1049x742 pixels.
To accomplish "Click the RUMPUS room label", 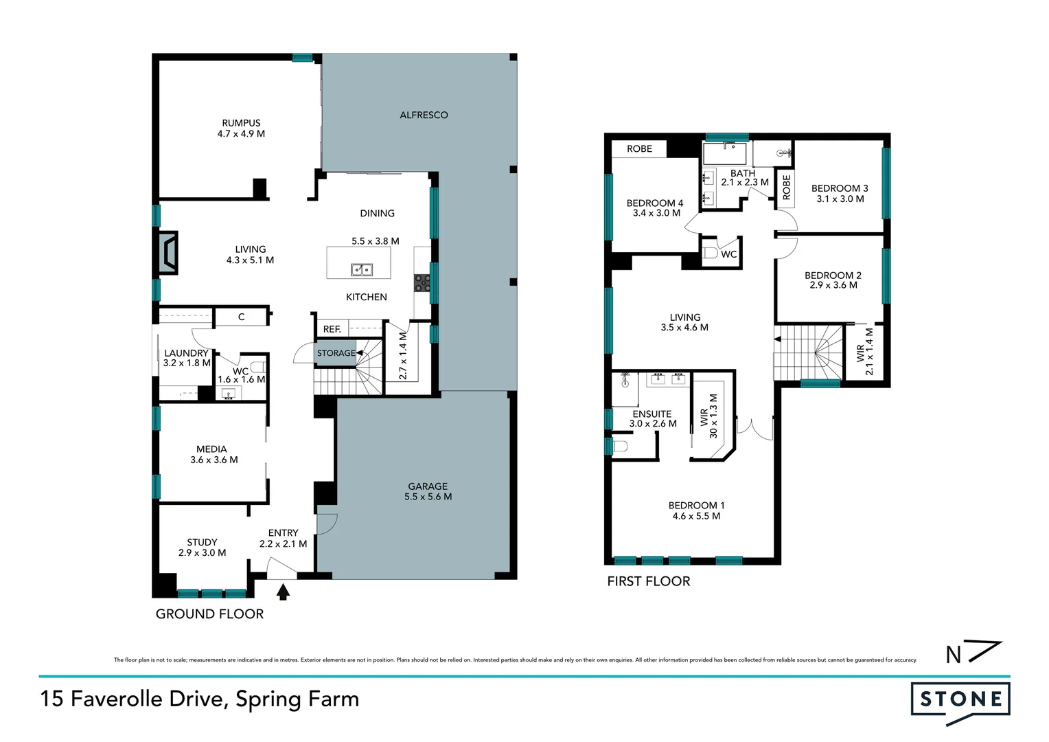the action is pos(241,123).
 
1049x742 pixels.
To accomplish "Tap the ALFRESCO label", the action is pos(424,115).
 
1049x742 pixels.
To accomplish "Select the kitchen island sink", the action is pos(362,269).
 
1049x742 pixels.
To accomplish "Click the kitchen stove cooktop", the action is pos(422,283).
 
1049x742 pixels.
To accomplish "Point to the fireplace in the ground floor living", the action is pos(168,253).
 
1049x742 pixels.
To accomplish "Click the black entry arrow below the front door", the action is pos(283,592).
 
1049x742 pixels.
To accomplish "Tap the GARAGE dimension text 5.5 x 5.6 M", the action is pos(428,497).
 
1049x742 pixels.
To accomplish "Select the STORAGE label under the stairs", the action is pos(336,353).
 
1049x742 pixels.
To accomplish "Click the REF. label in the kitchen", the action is pos(332,330).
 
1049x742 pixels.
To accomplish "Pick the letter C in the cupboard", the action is pos(241,317).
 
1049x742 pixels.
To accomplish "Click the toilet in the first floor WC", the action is pos(711,253).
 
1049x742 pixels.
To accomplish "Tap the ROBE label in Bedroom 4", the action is pos(639,148).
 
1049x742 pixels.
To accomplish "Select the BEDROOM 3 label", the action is pos(840,188).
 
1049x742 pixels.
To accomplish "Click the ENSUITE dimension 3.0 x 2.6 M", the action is pos(653,424).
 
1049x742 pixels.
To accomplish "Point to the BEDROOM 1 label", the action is pos(696,505).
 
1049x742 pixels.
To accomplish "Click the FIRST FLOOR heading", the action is pos(649,581).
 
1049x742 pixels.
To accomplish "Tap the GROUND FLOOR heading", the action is pos(209,614).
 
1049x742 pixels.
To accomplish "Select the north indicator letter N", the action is pos(954,655).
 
